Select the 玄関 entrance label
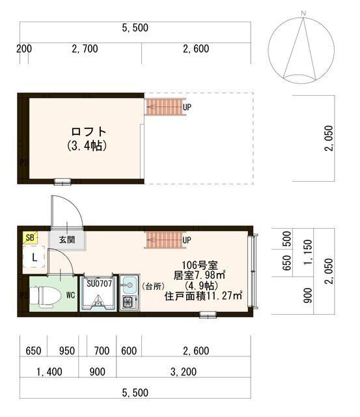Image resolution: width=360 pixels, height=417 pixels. (x=67, y=239)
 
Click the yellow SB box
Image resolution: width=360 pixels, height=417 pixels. (x=30, y=237)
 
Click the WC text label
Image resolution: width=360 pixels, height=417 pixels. (x=69, y=295)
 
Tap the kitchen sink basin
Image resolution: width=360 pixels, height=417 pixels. (x=128, y=284)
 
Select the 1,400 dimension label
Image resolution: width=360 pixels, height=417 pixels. (x=49, y=372)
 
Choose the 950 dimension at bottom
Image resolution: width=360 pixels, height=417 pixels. (x=66, y=351)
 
